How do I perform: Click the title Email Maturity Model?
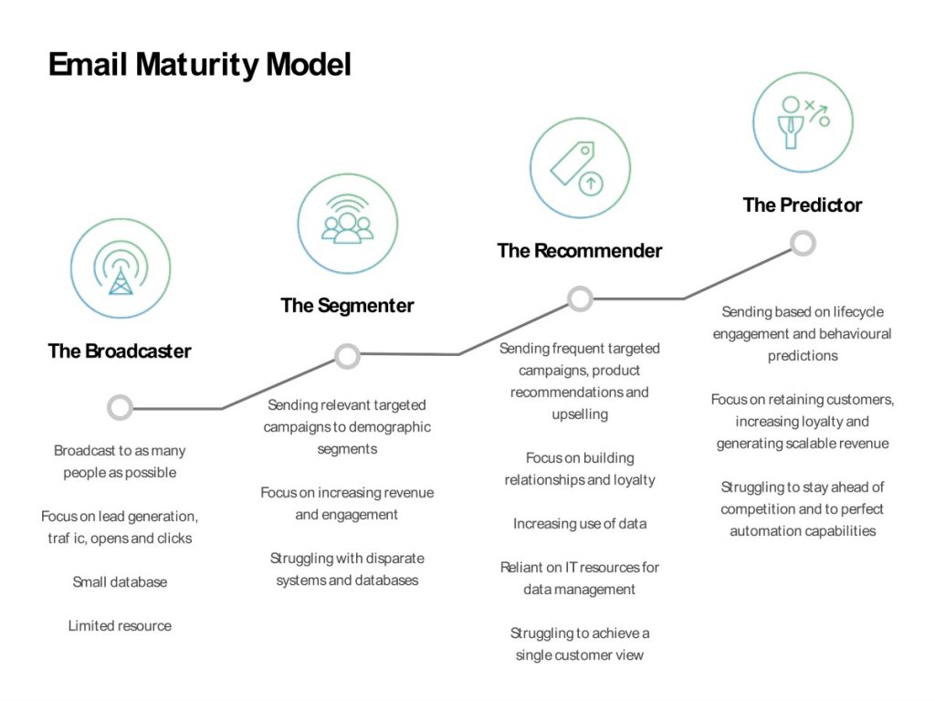(x=199, y=65)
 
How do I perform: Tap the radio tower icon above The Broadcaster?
(x=121, y=268)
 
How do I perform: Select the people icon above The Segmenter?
(x=348, y=224)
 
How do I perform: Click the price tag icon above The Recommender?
(x=580, y=168)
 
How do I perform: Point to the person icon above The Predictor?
(x=803, y=122)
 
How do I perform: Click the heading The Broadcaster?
(x=120, y=351)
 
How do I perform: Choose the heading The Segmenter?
(x=347, y=306)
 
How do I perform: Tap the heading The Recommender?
(x=580, y=251)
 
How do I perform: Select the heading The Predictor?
(x=803, y=205)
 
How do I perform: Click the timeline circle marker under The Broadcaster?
(x=120, y=407)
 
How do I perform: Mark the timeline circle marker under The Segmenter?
(x=347, y=356)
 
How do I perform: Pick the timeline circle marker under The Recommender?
(x=580, y=298)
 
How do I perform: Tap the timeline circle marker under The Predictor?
(x=803, y=244)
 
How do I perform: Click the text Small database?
(x=120, y=582)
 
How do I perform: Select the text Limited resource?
(x=120, y=626)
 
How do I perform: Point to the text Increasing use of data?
(x=580, y=524)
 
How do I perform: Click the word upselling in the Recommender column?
(x=580, y=414)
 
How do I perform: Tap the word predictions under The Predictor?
(x=803, y=356)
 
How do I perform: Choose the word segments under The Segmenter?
(x=347, y=449)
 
